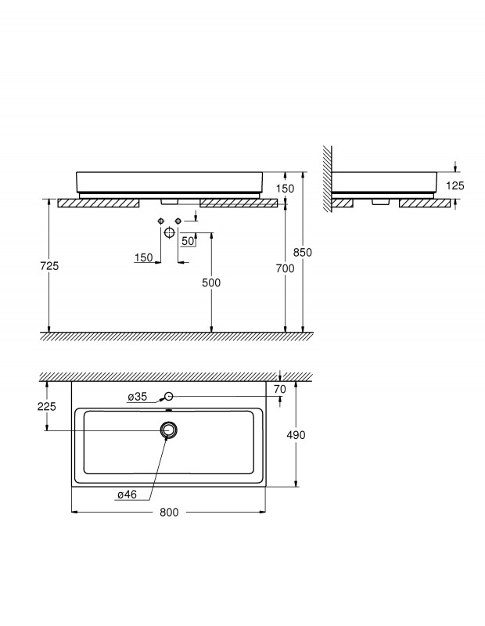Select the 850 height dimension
point(303,253)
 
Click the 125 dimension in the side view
point(455,185)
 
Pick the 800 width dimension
point(170,513)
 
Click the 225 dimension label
point(48,406)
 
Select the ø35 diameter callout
point(138,397)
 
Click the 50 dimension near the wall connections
point(188,241)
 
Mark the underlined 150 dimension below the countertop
point(143,258)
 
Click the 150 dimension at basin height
point(285,189)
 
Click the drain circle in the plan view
point(168,429)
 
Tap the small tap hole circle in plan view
point(169,397)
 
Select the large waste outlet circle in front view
point(169,232)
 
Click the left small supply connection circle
point(160,221)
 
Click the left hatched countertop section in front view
point(99,203)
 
